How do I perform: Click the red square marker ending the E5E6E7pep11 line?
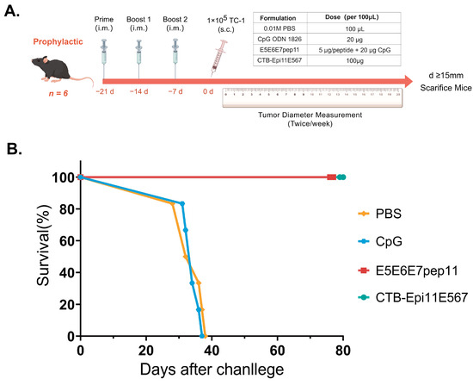click(331, 177)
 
